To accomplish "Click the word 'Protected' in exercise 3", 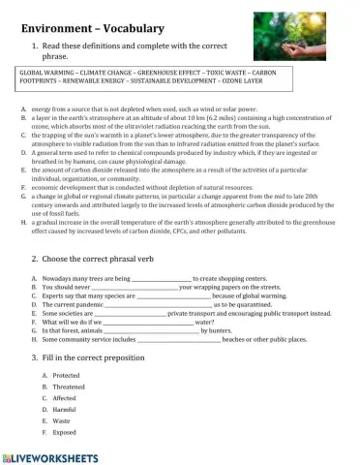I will pos(67,375).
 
